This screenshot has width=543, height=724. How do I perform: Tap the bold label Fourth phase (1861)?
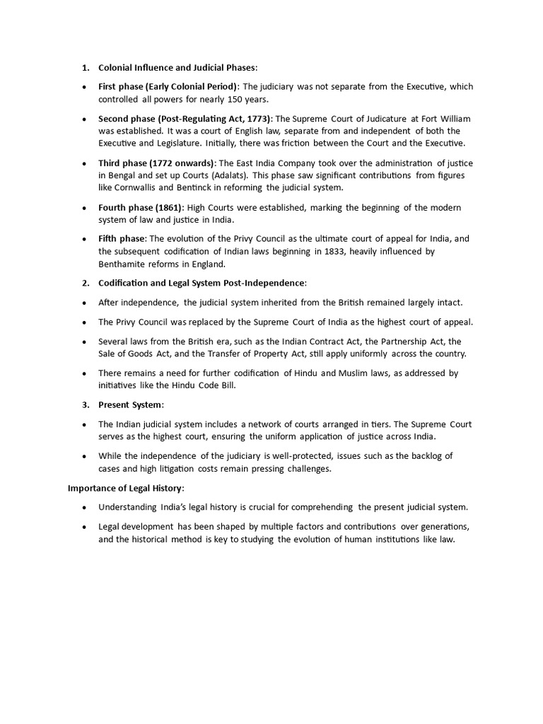pyautogui.click(x=141, y=208)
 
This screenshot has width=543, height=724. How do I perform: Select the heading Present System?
pyautogui.click(x=130, y=404)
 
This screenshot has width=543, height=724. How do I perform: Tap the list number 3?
pyautogui.click(x=84, y=404)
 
